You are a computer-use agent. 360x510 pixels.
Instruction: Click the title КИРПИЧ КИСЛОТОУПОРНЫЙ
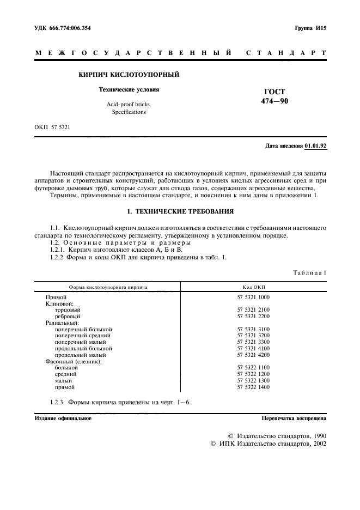click(x=129, y=74)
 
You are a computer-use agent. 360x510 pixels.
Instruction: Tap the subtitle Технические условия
click(x=128, y=89)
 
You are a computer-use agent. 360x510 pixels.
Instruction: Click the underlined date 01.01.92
click(x=315, y=147)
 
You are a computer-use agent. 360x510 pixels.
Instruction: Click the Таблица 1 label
click(x=310, y=272)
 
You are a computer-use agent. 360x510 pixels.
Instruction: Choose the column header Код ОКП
click(x=253, y=286)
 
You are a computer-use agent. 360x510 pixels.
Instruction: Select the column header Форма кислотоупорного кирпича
click(x=108, y=286)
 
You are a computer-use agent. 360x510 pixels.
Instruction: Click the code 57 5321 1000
click(x=253, y=297)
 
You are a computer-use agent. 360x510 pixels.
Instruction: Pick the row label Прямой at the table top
click(x=56, y=297)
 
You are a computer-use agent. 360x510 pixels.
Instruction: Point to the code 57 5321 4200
click(x=253, y=355)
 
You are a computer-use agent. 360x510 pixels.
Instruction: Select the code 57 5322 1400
click(x=253, y=387)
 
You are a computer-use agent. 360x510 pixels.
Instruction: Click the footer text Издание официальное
click(x=63, y=418)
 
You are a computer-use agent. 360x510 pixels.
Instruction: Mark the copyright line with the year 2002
click(x=268, y=445)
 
